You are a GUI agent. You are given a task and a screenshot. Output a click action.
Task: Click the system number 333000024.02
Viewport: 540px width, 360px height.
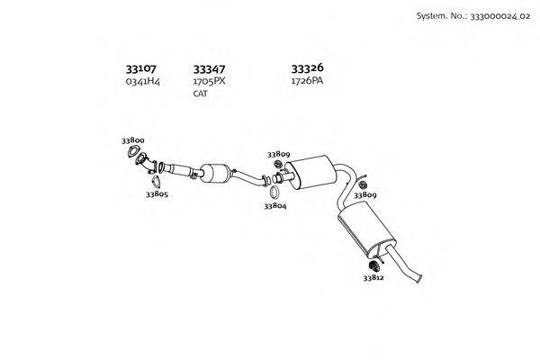(500, 16)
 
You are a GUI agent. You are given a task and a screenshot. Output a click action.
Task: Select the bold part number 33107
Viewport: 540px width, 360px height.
(140, 69)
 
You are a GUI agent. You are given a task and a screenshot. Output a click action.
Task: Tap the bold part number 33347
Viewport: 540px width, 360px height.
(209, 69)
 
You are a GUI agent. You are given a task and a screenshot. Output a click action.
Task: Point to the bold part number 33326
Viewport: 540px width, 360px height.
(307, 68)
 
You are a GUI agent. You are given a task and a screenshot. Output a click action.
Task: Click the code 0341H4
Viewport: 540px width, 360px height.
(142, 81)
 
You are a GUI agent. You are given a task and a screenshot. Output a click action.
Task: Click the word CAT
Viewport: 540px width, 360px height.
(200, 94)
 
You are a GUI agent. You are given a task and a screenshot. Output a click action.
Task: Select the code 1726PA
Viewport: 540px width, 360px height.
(307, 81)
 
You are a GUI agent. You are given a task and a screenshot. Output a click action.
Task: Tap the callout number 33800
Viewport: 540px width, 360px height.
(132, 140)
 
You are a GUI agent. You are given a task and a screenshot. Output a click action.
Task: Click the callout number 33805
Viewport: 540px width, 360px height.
(157, 194)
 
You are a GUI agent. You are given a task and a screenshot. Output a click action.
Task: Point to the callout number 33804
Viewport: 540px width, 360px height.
(275, 206)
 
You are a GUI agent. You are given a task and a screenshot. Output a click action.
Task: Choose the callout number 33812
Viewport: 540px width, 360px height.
(373, 277)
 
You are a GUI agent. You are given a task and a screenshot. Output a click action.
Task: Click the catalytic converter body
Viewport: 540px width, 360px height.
(216, 173)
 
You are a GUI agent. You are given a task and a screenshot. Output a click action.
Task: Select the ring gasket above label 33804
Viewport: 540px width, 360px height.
(274, 193)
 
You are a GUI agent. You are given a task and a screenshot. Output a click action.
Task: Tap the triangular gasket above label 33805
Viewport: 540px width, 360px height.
(156, 182)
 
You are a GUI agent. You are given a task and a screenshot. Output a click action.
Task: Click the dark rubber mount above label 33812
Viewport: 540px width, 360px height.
(373, 265)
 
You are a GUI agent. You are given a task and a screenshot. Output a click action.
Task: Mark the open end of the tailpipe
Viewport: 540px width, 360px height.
(419, 278)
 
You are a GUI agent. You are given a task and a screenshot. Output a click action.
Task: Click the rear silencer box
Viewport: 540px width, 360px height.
(366, 229)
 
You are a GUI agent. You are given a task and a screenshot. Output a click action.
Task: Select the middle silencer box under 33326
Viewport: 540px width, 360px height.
(310, 172)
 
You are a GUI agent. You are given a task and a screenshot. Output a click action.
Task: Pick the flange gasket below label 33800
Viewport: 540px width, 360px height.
(132, 151)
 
